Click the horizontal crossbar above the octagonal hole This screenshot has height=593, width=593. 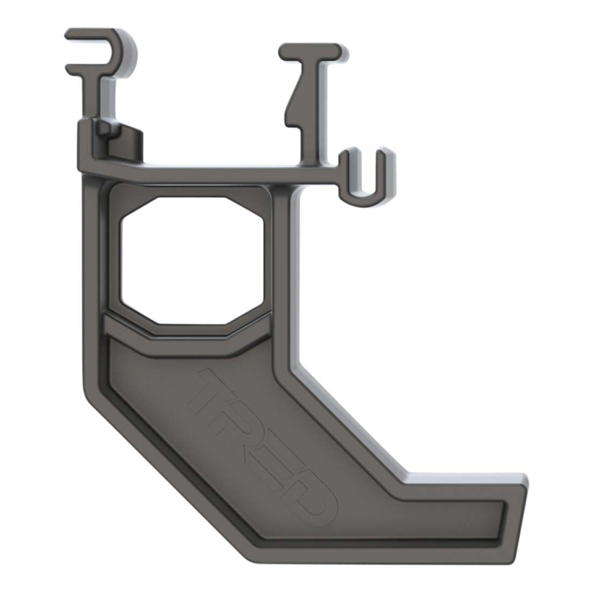click(x=216, y=171)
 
